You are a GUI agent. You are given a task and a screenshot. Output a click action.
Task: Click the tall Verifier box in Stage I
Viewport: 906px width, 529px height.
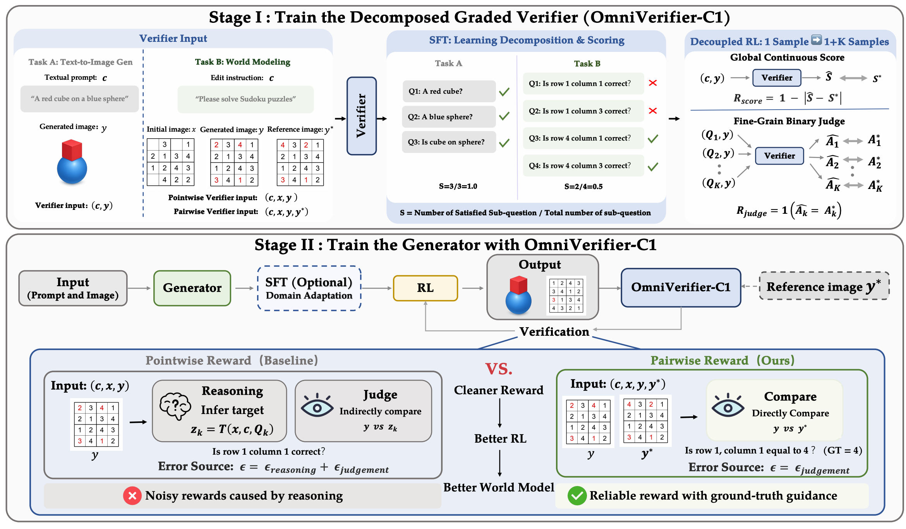362,116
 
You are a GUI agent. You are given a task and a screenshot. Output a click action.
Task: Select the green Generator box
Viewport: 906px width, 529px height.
192,288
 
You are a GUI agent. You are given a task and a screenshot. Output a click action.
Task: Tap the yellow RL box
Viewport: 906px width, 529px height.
426,288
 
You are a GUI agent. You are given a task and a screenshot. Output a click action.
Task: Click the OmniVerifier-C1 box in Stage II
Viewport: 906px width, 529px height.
681,287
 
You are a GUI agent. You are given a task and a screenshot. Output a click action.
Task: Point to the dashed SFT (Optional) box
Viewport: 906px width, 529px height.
309,288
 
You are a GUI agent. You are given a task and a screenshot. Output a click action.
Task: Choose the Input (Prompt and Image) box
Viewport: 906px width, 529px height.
73,288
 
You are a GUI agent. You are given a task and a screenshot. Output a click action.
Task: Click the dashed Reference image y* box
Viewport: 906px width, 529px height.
824,286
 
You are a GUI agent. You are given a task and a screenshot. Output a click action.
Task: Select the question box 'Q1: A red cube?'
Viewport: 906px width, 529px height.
449,91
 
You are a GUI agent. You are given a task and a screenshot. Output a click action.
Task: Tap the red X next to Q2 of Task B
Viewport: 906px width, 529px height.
653,111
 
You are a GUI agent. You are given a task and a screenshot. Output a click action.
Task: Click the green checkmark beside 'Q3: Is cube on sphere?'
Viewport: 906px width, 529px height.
504,143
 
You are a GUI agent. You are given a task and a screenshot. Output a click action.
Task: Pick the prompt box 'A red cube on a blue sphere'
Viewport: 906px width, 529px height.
79,99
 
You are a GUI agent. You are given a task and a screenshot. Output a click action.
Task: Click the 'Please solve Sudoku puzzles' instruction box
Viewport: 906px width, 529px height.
245,99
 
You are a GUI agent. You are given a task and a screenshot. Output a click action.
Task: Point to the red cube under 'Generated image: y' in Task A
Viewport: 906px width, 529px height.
72,150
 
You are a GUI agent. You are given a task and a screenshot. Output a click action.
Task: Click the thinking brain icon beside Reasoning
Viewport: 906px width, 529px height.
175,406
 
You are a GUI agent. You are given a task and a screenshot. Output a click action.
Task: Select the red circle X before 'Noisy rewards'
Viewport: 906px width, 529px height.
132,496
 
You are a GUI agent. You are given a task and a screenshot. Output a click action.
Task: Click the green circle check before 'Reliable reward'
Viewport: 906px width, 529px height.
577,496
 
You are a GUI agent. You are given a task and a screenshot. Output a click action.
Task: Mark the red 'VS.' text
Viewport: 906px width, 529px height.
499,369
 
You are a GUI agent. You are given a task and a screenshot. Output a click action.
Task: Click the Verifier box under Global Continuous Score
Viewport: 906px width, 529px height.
777,78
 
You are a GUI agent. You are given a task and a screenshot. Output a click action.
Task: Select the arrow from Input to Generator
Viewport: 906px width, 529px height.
139,288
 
